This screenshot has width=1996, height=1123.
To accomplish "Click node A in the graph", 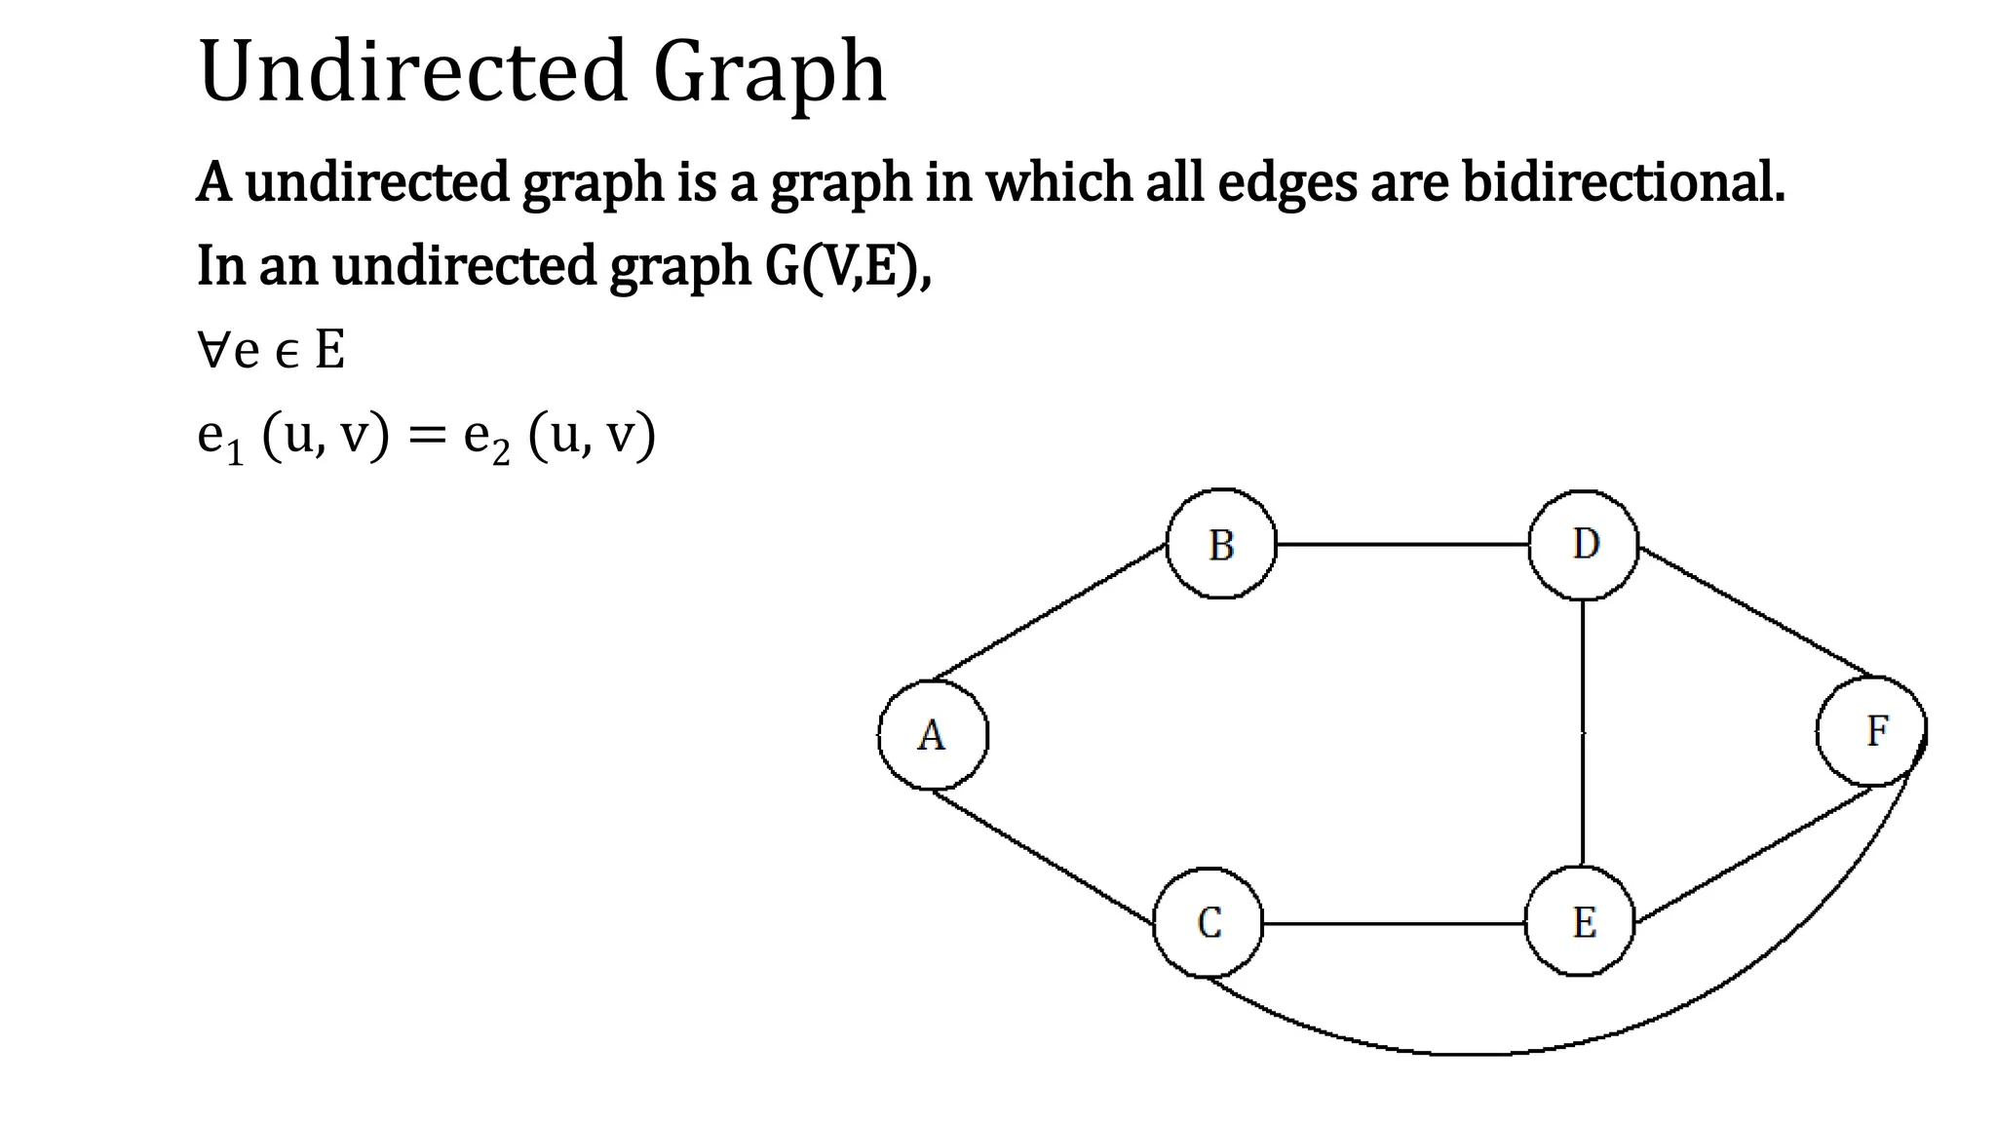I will pos(933,734).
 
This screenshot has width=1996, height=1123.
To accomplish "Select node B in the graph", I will pos(1221,544).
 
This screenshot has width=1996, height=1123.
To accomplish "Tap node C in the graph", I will pos(1209,922).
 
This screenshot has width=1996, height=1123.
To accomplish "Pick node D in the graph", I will pos(1584,544).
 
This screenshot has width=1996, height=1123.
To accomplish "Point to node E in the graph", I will pos(1581,922).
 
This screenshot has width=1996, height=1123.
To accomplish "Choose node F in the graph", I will pos(1872,731).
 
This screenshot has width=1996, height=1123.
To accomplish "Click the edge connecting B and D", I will pos(1402,544).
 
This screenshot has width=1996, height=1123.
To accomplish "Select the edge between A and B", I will pos(1051,611).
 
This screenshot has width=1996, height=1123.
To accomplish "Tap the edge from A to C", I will pos(1043,856).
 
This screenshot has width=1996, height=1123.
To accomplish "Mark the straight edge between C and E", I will pos(1394,923).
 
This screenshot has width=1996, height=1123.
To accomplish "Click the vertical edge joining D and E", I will pos(1583,731).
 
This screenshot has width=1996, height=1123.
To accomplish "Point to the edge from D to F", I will pos(1754,611).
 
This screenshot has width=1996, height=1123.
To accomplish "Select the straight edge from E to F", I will pos(1754,854).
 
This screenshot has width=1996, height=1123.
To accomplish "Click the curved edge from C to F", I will pos(1462,1054).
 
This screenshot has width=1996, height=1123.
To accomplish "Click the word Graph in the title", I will pos(769,72).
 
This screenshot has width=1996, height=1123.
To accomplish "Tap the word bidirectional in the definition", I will pos(1623,182).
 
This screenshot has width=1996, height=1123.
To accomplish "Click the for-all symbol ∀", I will pos(213,350).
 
